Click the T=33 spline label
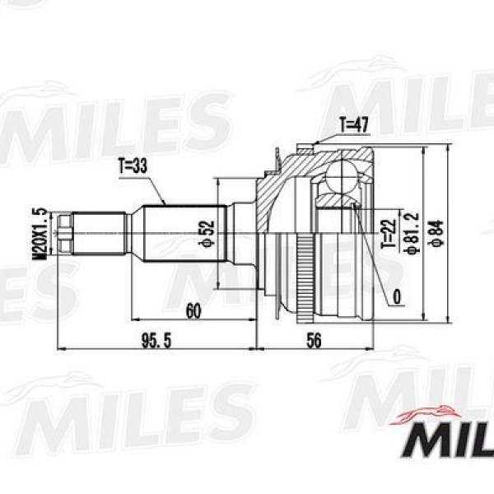click(x=133, y=165)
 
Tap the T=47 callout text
click(x=353, y=125)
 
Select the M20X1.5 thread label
click(x=40, y=234)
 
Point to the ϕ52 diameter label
click(x=207, y=234)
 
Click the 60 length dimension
click(x=193, y=311)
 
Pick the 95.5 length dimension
click(x=156, y=341)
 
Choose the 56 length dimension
click(x=315, y=341)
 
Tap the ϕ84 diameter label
click(x=438, y=234)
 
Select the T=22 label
click(x=389, y=234)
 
